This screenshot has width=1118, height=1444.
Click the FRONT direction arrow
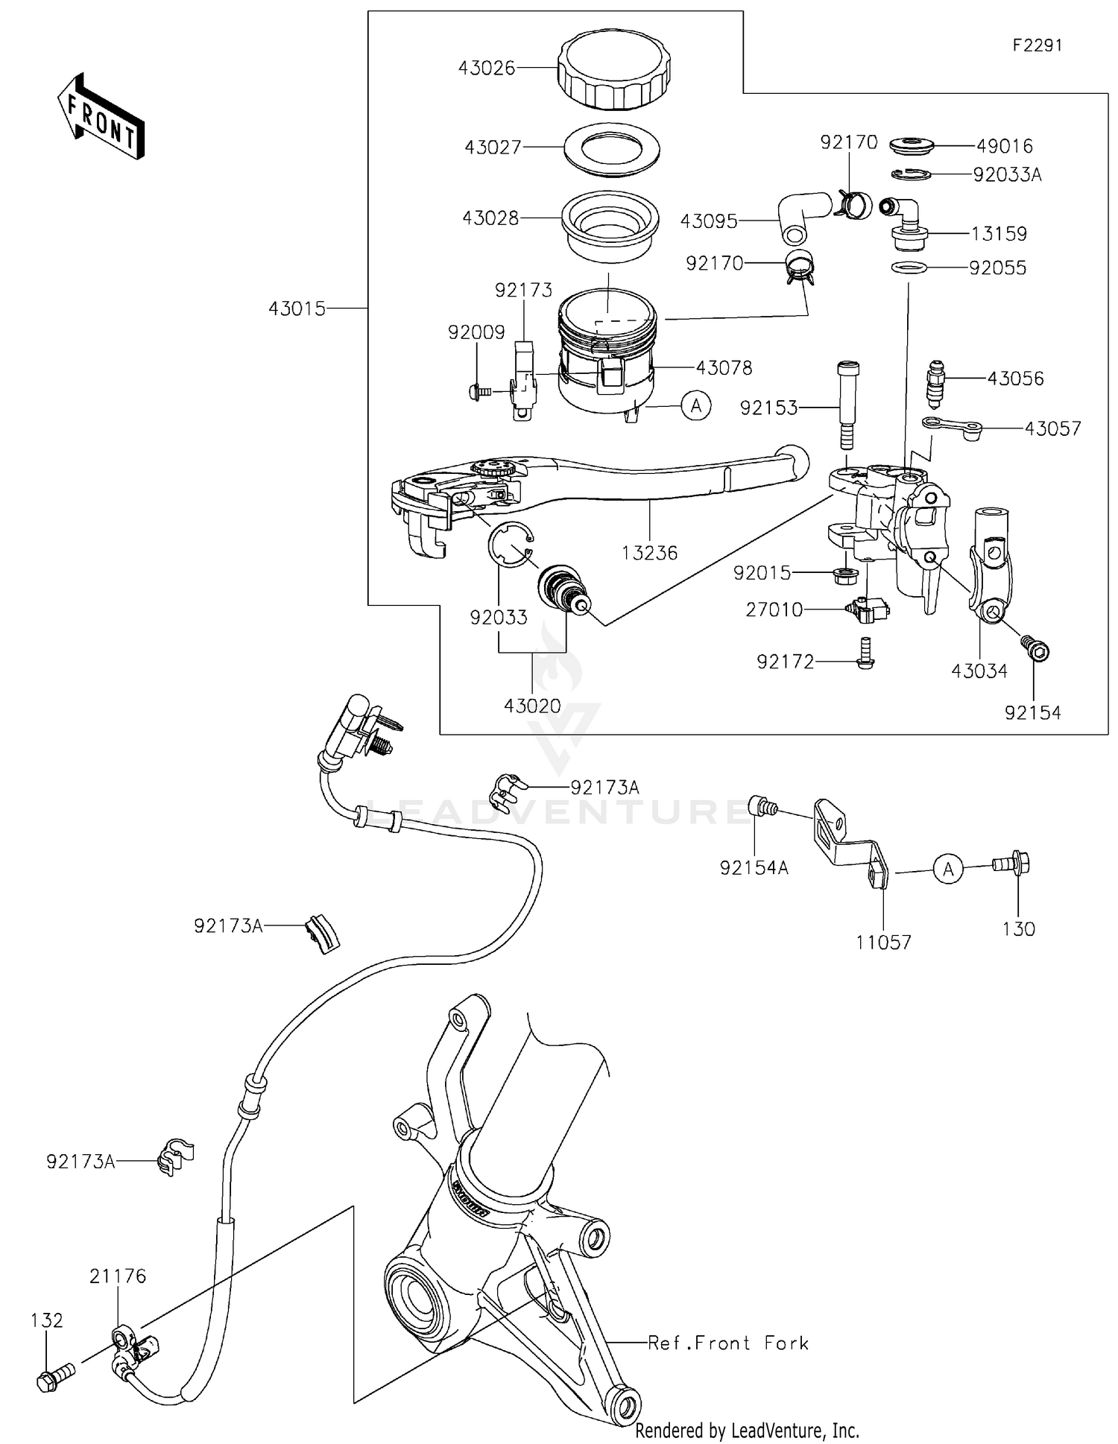pos(101,118)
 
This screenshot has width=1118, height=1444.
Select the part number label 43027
pos(493,148)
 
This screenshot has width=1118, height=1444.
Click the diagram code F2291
pos(1037,45)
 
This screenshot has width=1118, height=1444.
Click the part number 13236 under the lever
pos(650,553)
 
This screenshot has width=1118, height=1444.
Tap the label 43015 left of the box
pos(297,308)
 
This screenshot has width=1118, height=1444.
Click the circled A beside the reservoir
pos(696,406)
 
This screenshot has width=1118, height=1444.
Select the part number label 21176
pos(118,1276)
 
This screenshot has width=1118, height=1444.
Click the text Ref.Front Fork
pos(727,1343)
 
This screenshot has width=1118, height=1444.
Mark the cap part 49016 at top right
pos(911,145)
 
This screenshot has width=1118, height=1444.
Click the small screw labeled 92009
pos(479,390)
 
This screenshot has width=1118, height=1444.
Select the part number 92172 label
pos(785,662)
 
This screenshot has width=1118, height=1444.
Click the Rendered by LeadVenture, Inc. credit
pos(747,1431)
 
